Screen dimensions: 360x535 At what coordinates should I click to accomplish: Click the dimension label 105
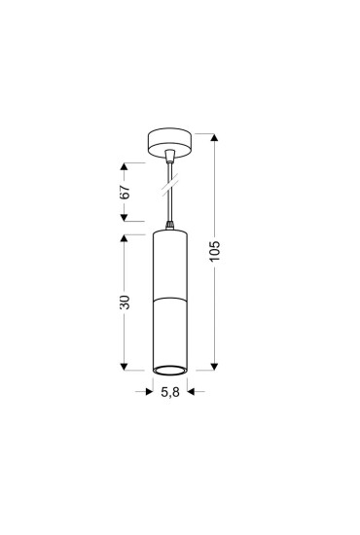(215, 251)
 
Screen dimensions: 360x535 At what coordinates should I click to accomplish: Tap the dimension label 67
(125, 192)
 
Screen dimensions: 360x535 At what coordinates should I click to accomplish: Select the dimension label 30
(125, 303)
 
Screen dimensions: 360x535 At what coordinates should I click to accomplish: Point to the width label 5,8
(170, 392)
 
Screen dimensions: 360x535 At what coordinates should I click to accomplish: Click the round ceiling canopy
(169, 143)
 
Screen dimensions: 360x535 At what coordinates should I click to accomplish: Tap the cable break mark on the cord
(170, 185)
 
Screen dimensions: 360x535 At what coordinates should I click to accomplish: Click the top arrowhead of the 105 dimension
(214, 137)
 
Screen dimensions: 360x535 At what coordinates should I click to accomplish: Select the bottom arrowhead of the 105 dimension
(214, 367)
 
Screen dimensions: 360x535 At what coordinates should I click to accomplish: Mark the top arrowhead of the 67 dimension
(124, 166)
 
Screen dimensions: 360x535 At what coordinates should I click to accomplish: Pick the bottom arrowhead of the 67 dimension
(124, 218)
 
